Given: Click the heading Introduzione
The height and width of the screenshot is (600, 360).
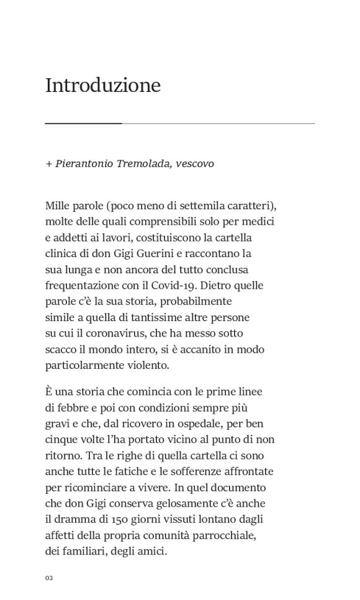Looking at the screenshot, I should [x=103, y=85].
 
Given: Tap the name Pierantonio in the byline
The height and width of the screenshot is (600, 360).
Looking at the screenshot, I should [x=84, y=164].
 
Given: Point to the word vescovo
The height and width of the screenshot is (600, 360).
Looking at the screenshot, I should [x=195, y=164].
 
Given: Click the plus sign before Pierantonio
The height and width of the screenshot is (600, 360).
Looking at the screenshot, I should [x=48, y=164].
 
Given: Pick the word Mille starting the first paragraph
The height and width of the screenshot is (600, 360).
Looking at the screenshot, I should [x=58, y=206].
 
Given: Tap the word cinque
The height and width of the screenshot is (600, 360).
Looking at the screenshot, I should [x=60, y=440].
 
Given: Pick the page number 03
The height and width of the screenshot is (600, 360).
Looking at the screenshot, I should [x=49, y=578].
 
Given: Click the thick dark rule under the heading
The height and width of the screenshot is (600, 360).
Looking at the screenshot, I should [x=83, y=124].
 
